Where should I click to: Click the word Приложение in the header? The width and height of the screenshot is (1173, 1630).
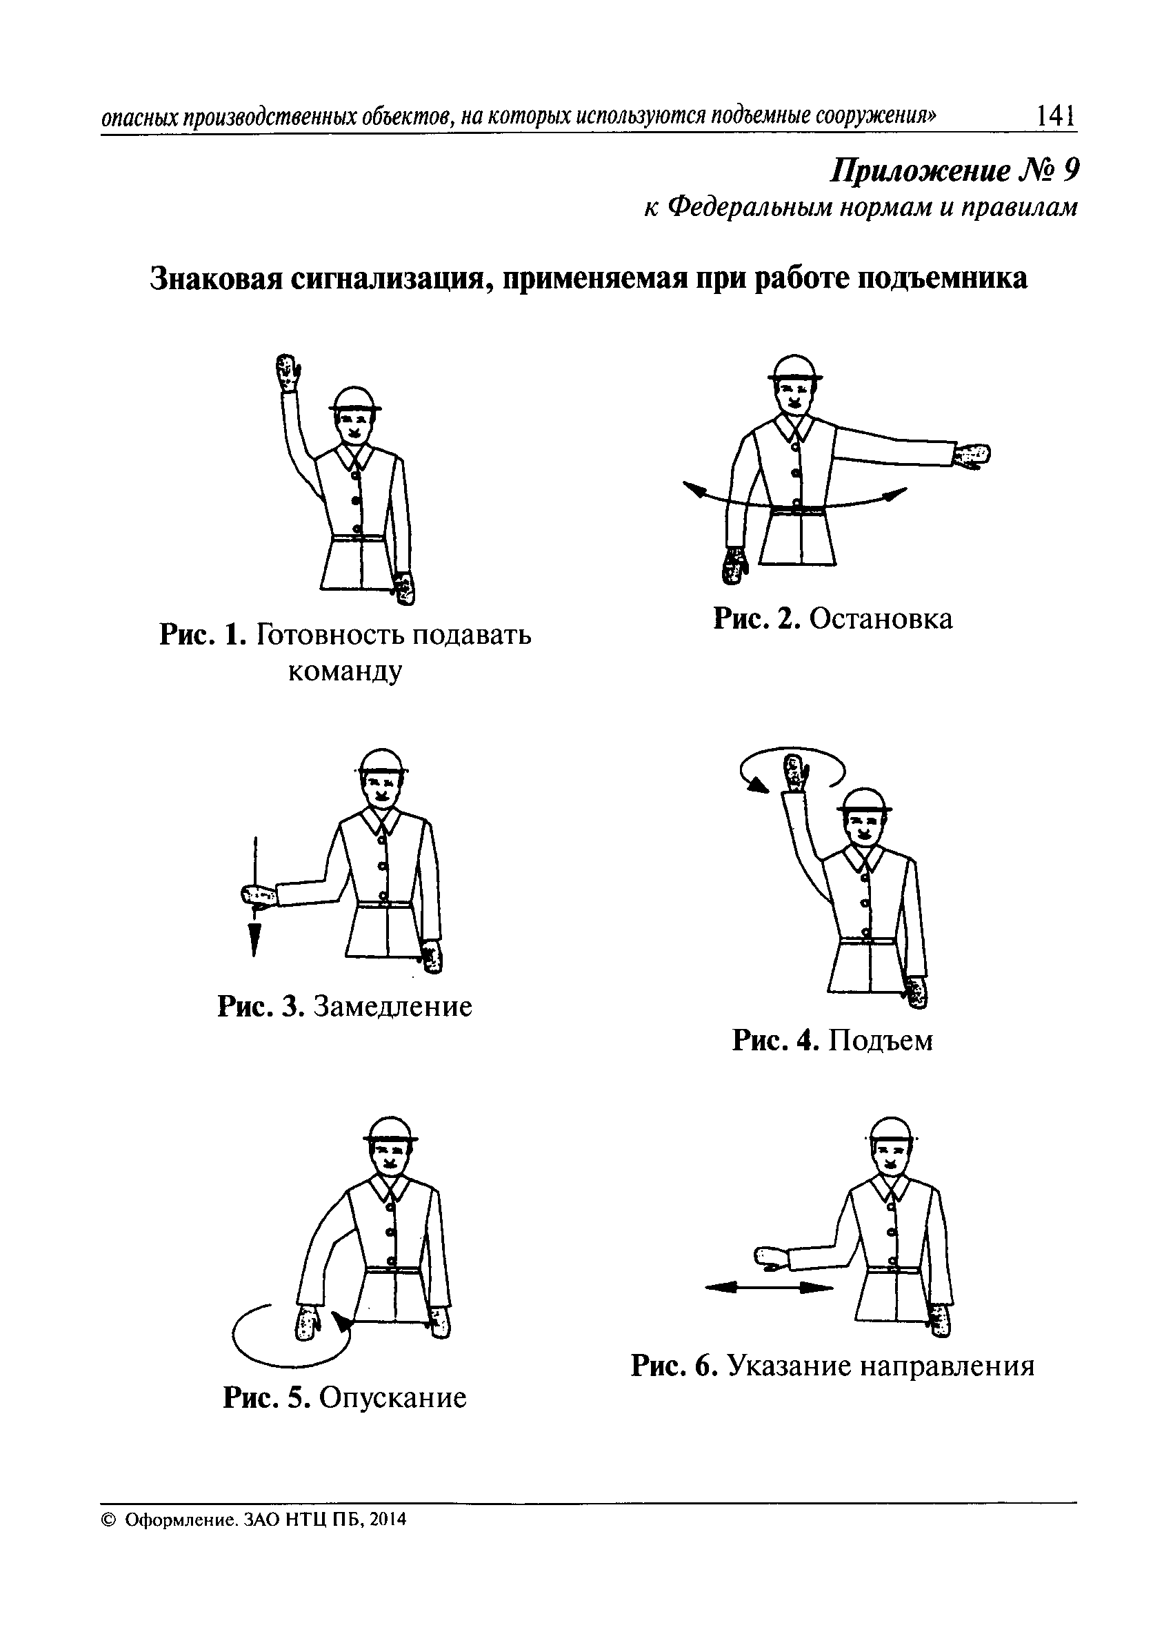point(921,171)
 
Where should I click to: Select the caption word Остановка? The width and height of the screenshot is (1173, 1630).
point(881,620)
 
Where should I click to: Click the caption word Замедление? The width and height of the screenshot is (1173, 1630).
point(393,1007)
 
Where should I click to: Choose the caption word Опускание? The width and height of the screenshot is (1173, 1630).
point(392,1398)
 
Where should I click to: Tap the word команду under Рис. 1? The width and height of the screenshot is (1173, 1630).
point(345,671)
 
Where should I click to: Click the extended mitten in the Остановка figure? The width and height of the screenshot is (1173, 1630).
point(972,455)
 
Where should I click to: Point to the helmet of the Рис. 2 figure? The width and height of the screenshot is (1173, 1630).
point(794,368)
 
